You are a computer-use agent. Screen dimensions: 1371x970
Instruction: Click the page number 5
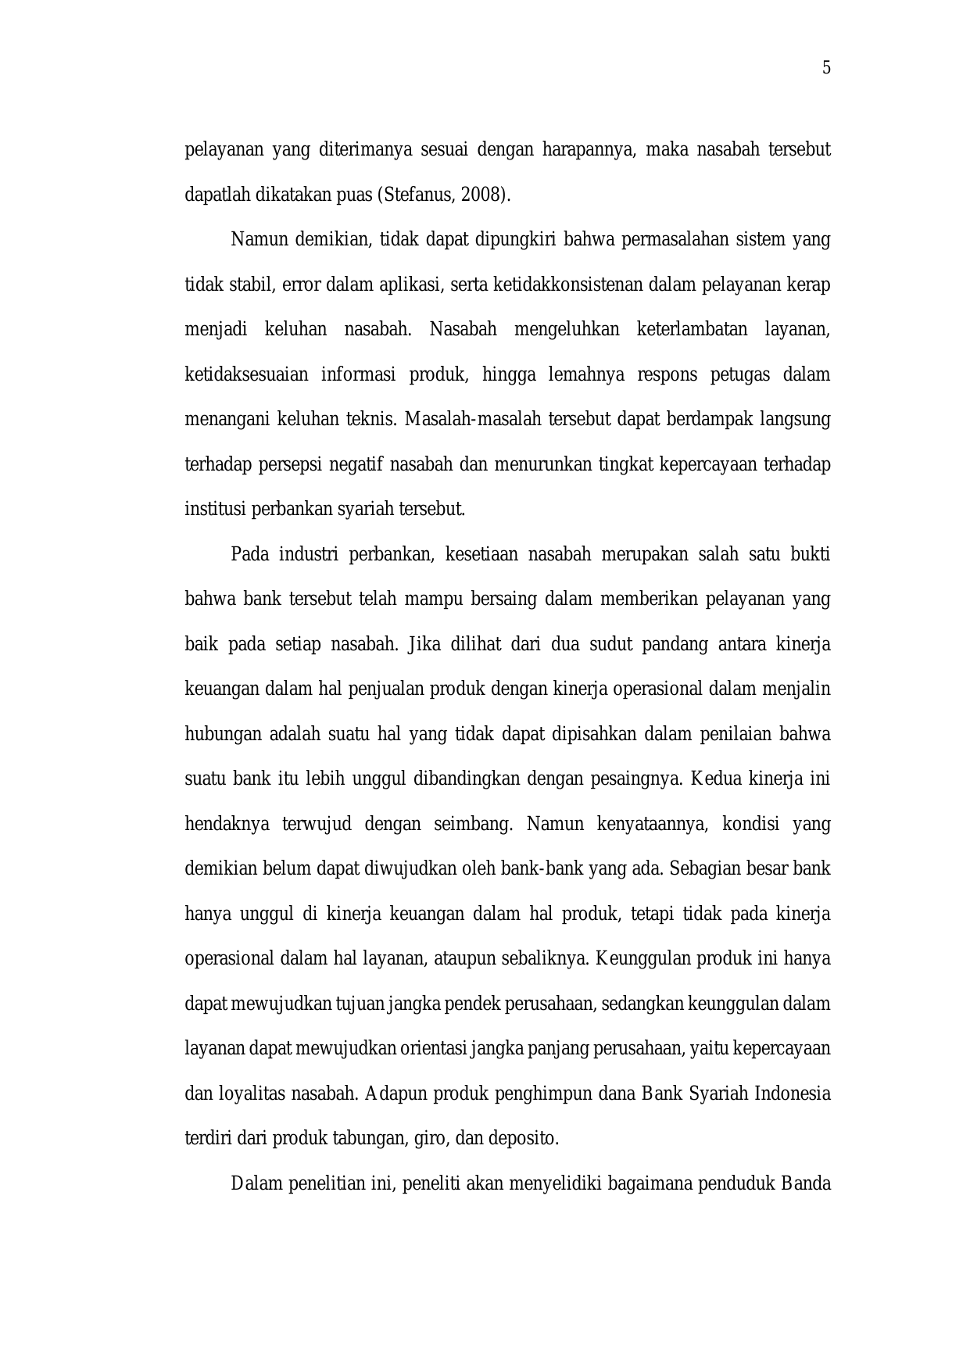(826, 68)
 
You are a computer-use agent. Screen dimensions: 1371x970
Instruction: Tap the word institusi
(215, 510)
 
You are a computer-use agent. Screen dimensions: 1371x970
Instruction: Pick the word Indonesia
(793, 1094)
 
